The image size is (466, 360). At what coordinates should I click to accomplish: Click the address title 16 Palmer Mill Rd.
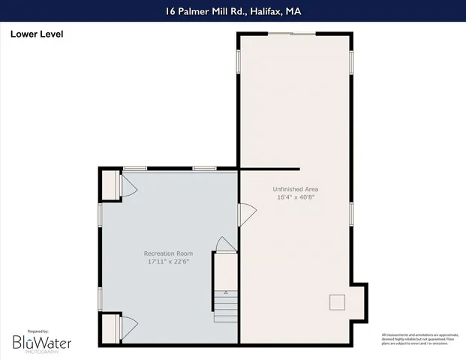click(233, 10)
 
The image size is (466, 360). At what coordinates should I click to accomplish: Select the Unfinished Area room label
click(295, 189)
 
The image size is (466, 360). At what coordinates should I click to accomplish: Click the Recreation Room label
click(170, 253)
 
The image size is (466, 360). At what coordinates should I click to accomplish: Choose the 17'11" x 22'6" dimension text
click(170, 262)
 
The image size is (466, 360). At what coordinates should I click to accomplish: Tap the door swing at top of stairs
click(224, 244)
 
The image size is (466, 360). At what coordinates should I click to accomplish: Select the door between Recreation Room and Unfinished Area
click(245, 214)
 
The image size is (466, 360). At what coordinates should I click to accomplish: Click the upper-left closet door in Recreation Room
click(128, 185)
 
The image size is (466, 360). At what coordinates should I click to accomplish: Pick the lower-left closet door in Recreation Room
click(128, 326)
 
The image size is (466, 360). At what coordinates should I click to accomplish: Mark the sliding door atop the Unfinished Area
click(292, 34)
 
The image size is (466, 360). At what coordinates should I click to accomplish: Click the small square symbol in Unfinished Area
click(337, 301)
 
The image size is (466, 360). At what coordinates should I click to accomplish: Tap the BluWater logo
click(42, 343)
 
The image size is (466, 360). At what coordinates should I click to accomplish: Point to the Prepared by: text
click(38, 331)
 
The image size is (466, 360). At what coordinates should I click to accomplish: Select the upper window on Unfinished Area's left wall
click(239, 61)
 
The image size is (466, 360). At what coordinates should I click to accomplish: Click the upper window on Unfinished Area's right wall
click(351, 61)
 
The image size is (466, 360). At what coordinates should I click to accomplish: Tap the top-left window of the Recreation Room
click(135, 168)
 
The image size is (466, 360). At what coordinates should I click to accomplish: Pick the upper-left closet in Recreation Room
click(110, 185)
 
